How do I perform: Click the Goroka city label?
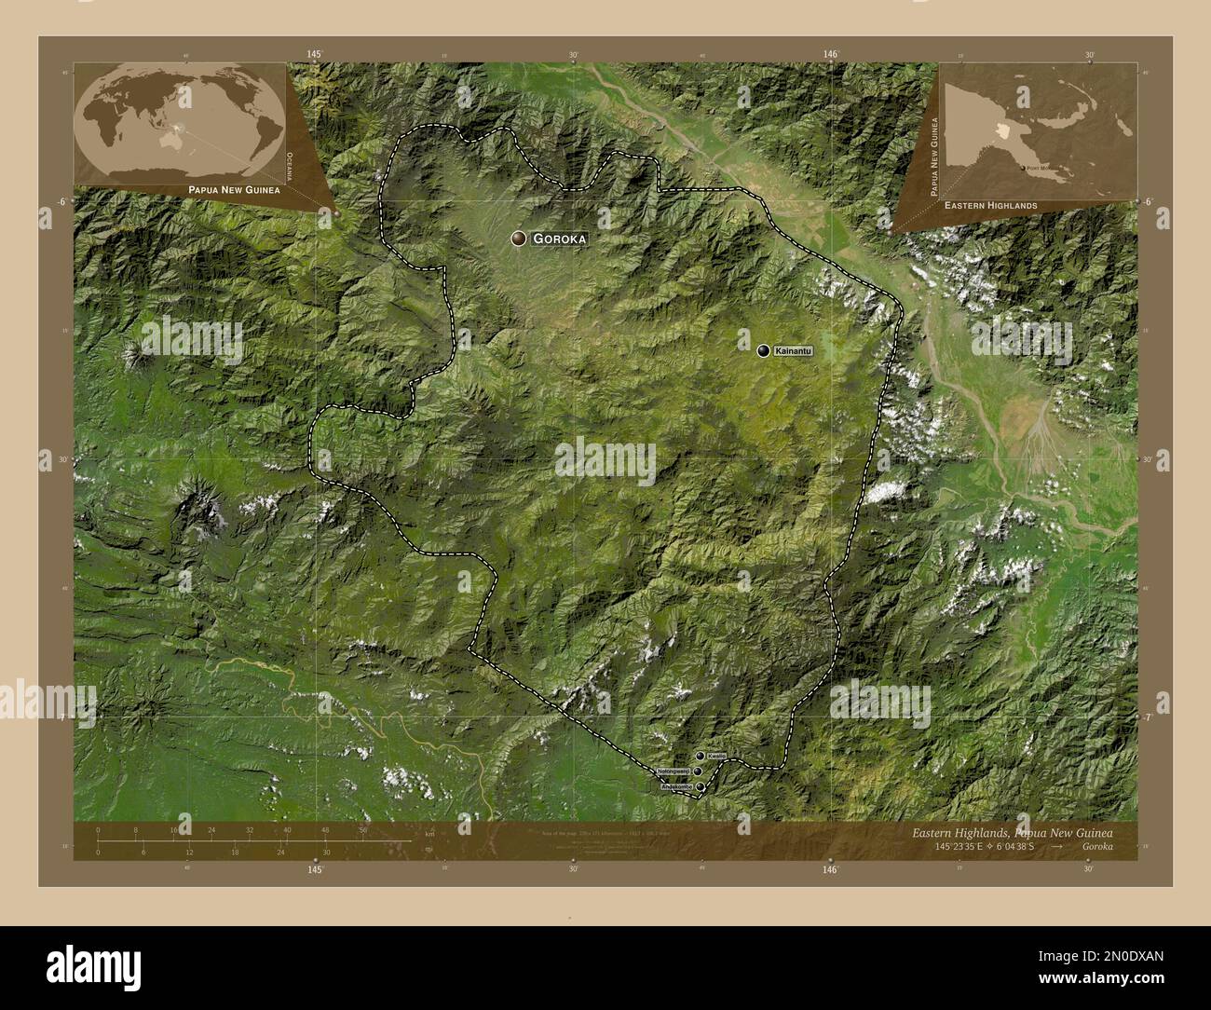point(560,239)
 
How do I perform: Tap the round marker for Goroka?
point(518,239)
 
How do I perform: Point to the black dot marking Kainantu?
point(764,350)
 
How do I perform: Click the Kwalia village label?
point(715,756)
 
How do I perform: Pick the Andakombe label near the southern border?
point(677,787)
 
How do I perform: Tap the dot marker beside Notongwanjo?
point(697,771)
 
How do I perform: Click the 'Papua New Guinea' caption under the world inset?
point(227,189)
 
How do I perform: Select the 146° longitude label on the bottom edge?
point(830,868)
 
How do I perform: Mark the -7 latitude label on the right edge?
point(1148,717)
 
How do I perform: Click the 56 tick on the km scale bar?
point(362,829)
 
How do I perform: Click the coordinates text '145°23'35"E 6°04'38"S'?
point(979,847)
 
